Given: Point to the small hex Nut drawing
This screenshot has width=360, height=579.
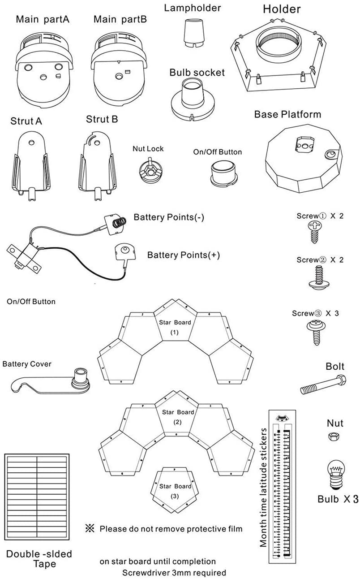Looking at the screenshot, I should [x=334, y=436].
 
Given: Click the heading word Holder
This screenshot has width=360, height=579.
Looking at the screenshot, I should [x=282, y=9].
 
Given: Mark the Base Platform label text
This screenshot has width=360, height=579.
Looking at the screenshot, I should [x=287, y=114].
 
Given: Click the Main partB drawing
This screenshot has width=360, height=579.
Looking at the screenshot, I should [x=118, y=67].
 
